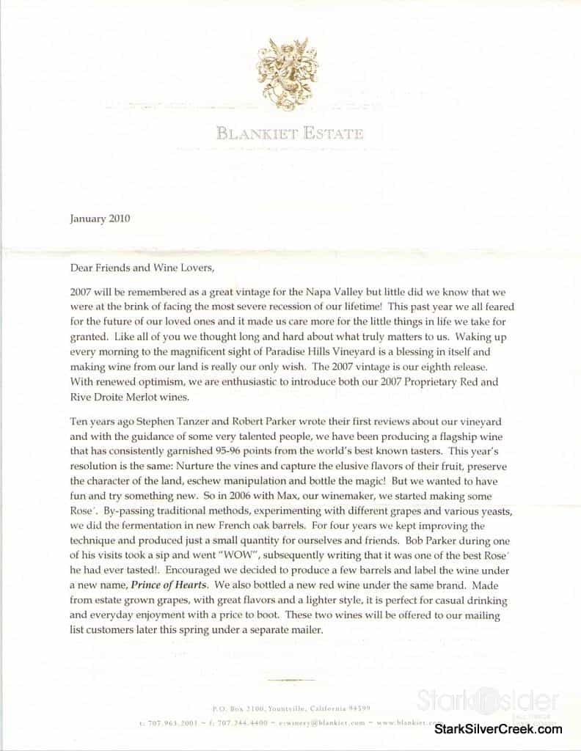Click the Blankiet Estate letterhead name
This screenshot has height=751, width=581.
point(289,133)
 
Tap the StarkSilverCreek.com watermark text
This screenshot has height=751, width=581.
point(499,729)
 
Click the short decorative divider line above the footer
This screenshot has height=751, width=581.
point(290,680)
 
